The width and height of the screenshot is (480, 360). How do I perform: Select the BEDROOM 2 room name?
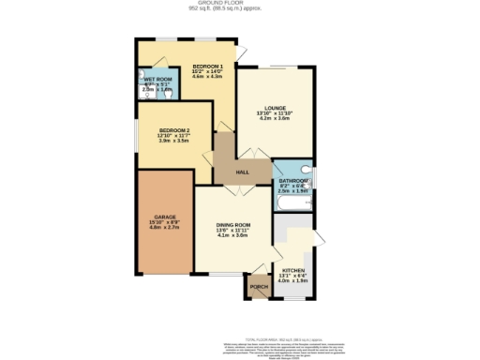[x=174, y=130]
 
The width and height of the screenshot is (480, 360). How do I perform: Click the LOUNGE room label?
[x=274, y=108]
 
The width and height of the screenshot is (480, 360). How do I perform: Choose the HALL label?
[x=242, y=173]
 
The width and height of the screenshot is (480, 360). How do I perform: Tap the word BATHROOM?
[x=293, y=180]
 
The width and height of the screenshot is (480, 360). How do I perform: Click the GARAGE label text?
[x=163, y=217]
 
